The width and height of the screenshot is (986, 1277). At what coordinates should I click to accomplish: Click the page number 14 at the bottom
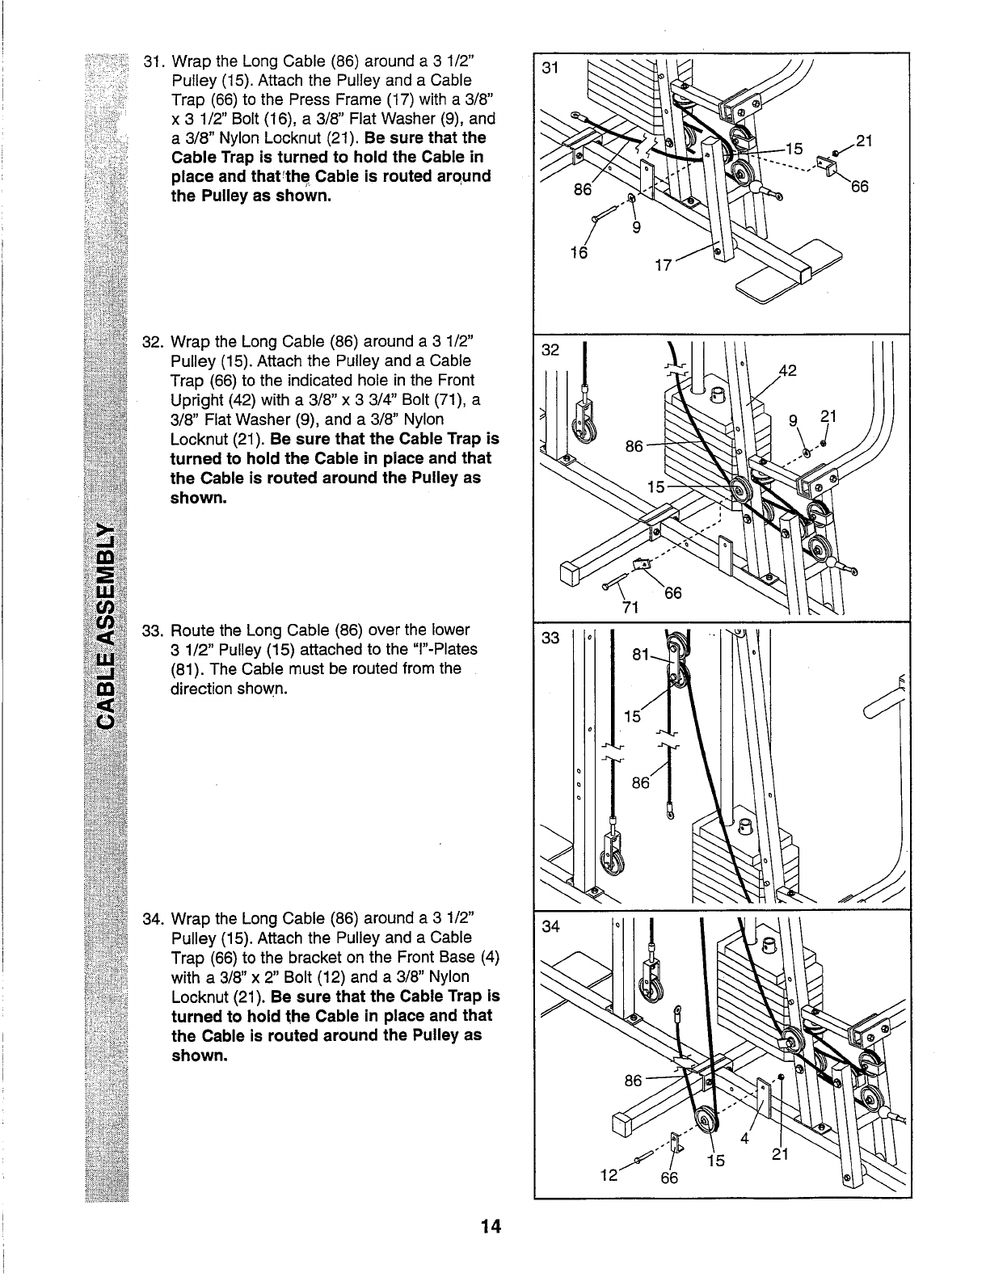[491, 1228]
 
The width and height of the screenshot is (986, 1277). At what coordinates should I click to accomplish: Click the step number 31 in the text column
[153, 62]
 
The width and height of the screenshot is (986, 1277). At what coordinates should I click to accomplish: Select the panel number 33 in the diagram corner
[550, 638]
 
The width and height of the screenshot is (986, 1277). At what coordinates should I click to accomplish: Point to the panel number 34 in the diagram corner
[550, 926]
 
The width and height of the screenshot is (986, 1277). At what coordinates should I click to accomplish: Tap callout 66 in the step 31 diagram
[859, 188]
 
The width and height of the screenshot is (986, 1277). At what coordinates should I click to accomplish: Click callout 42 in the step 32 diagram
[787, 371]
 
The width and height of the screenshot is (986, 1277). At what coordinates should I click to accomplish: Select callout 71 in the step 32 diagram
[630, 607]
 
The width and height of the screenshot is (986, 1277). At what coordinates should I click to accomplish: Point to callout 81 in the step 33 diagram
[642, 656]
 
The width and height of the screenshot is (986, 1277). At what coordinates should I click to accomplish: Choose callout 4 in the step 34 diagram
[745, 1140]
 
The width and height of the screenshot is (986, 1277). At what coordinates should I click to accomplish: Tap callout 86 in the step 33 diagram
[641, 782]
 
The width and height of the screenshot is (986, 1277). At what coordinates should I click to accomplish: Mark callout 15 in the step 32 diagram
[656, 488]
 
